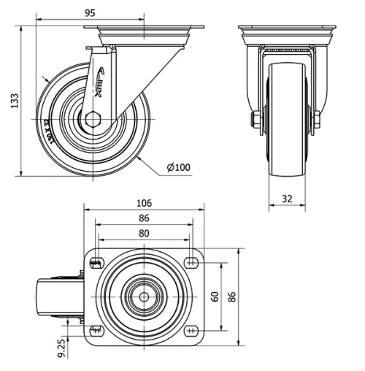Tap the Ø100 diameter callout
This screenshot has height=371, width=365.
click(177, 167)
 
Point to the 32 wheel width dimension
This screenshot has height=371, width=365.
click(286, 197)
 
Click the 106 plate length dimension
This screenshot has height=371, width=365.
click(145, 203)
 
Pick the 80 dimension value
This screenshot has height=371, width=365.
click(145, 233)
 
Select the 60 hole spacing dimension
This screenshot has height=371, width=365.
click(215, 297)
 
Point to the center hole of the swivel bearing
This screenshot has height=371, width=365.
click(144, 297)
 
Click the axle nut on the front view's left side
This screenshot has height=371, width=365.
click(255, 121)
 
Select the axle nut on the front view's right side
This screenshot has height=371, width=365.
click(318, 121)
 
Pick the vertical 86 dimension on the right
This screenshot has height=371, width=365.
click(233, 297)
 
